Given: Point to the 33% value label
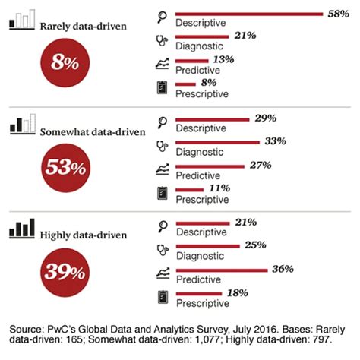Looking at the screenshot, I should (x=270, y=141).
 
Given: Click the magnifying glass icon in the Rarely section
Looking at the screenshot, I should (x=161, y=16).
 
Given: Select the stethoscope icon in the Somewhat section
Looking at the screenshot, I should (x=161, y=144).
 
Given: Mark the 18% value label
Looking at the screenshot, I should (x=238, y=292).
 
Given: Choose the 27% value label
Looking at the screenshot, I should (x=259, y=164).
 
